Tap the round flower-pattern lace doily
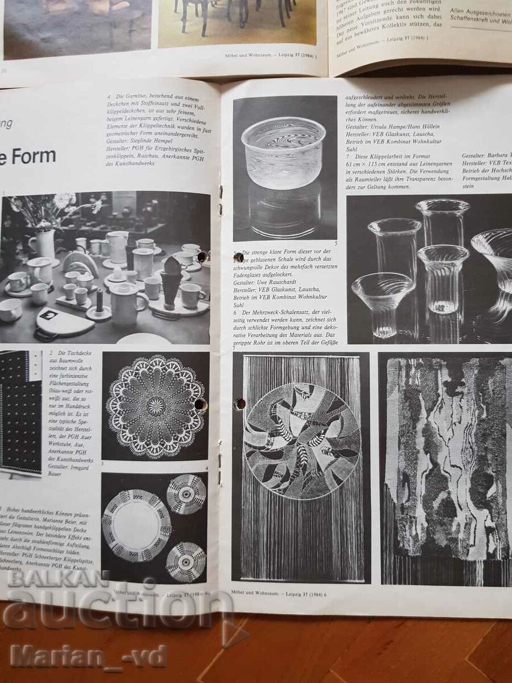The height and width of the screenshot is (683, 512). coord(155,405)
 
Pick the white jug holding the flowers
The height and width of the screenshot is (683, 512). coord(44,244)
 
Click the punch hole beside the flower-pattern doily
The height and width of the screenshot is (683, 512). coord(201,405)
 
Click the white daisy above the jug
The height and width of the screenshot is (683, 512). coord(64,199)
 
